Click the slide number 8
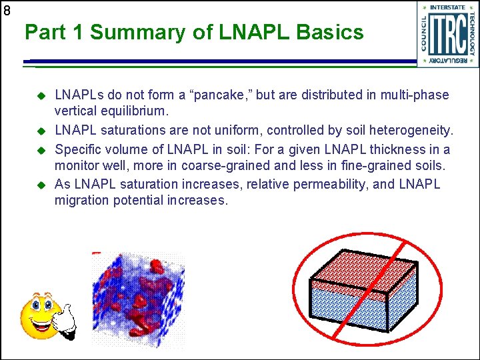[7, 11]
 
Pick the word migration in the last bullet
[82, 200]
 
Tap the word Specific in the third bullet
[77, 149]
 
